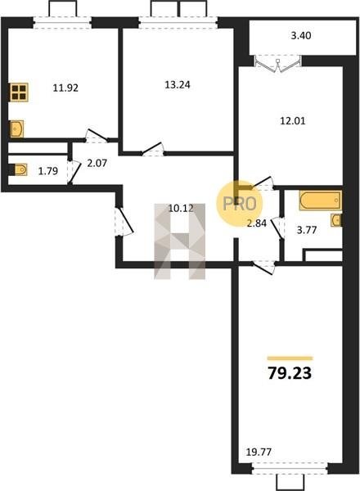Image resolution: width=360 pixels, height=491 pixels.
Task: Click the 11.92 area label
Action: [x=65, y=88]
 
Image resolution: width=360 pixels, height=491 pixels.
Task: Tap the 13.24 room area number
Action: [x=178, y=84]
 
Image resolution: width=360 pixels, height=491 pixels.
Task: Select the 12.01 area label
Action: [x=292, y=120]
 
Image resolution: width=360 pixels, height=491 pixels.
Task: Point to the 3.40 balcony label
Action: [x=301, y=36]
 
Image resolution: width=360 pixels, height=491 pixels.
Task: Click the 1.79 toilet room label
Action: [x=48, y=171]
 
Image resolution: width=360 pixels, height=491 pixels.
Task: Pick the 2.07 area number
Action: [x=97, y=163]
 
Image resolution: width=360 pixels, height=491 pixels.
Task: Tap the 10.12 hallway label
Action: [x=182, y=208]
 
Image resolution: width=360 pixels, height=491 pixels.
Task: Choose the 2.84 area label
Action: [x=257, y=223]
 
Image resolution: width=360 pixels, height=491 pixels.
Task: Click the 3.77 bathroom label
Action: [x=307, y=231]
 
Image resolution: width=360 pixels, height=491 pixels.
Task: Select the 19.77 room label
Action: [x=259, y=453]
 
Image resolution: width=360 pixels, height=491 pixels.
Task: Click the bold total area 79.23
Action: [x=290, y=373]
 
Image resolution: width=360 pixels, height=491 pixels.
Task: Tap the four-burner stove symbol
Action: [x=19, y=92]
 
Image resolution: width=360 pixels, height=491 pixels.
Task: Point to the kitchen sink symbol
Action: [x=17, y=128]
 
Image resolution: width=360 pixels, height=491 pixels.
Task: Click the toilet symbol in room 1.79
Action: [x=20, y=170]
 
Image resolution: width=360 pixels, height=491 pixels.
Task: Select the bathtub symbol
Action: [x=320, y=200]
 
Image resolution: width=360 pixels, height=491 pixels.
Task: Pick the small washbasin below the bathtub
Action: [x=336, y=220]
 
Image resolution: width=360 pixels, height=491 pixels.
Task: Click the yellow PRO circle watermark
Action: [x=239, y=203]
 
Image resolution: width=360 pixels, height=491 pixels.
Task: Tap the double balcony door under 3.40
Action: [x=278, y=65]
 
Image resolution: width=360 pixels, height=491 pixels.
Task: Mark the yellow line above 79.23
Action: [x=290, y=358]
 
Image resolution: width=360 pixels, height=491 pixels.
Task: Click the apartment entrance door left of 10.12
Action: [x=124, y=222]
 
